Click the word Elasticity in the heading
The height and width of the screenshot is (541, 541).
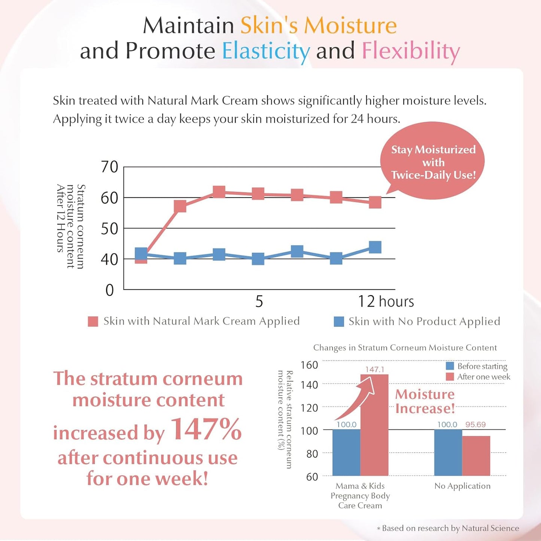pos(266,51)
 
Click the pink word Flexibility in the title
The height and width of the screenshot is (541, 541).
pos(411,51)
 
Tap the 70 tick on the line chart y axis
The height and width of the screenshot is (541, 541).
pos(109,167)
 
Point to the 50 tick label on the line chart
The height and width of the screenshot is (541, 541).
pos(109,229)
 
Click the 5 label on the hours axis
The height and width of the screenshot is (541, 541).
pos(259,302)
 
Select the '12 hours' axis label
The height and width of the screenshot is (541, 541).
pos(386,302)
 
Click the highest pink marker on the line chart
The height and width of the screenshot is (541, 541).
pos(219,192)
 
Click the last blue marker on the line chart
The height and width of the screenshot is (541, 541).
pos(375,247)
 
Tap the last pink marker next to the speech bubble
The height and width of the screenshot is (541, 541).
pos(375,202)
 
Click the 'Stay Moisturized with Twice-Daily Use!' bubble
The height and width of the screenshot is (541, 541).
pos(433,162)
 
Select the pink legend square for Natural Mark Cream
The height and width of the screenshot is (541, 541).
pos(93,322)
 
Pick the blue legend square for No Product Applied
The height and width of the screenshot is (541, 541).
pos(338,322)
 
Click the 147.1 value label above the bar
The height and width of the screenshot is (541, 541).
pos(374,370)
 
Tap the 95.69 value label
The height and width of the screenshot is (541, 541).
pos(475,425)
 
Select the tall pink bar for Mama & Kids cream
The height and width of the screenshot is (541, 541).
pos(374,427)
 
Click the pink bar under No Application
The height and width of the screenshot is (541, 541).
pos(476,456)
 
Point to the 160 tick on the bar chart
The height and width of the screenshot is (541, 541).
pos(309,365)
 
